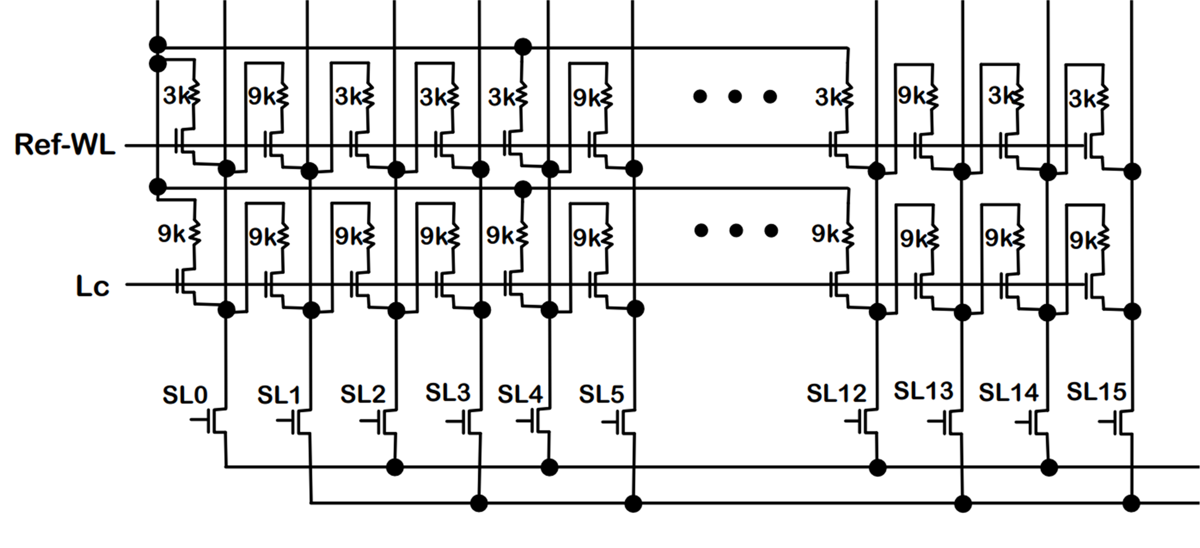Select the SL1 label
click(279, 395)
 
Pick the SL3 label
click(448, 392)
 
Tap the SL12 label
click(836, 393)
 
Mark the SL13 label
click(923, 391)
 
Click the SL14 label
click(1009, 392)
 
